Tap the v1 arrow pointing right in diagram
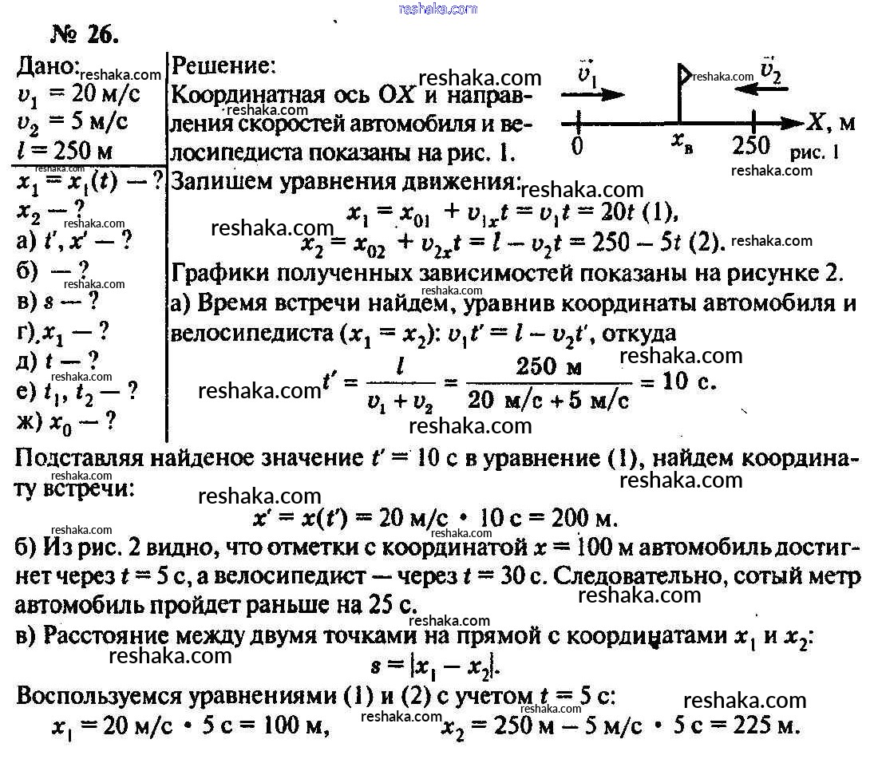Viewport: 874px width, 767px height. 593,93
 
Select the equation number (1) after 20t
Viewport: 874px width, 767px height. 658,212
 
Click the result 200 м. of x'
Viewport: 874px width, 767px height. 586,519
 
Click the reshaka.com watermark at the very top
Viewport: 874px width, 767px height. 437,9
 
